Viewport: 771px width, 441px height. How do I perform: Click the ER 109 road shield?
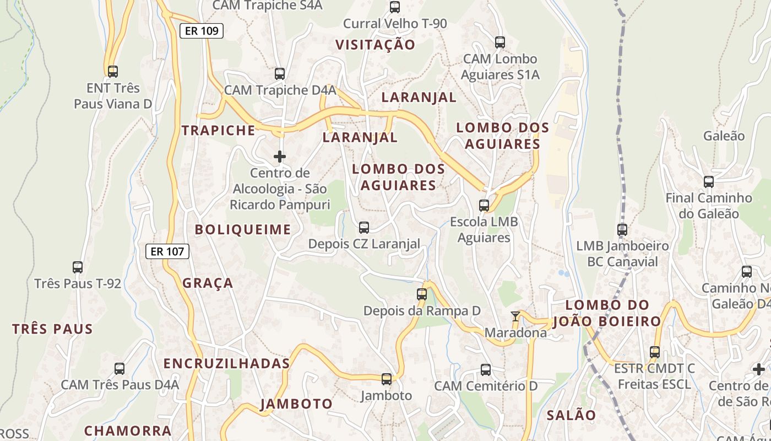point(202,31)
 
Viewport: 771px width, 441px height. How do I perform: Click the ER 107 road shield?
point(167,251)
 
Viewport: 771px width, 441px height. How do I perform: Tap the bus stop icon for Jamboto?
point(387,379)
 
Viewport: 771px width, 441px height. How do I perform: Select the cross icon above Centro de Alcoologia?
point(280,157)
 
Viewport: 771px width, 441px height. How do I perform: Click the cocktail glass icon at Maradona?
point(515,316)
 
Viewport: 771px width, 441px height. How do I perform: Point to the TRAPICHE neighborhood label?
point(219,131)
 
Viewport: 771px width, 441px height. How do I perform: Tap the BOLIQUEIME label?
point(243,230)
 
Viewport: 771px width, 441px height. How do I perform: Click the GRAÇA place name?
point(208,283)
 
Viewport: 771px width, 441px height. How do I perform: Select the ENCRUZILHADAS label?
point(226,364)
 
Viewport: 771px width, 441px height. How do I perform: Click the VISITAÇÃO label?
point(375,45)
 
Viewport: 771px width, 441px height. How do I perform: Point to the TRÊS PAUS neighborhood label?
point(53,329)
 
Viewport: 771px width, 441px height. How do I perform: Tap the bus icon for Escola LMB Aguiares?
point(484,206)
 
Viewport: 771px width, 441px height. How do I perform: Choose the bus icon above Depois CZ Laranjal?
point(364,228)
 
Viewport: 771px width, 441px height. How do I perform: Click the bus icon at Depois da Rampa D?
point(422,294)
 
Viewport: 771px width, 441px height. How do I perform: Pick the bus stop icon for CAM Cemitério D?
point(486,370)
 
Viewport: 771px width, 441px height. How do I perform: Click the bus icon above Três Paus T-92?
point(78,267)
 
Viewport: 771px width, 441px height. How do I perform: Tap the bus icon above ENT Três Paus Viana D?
point(113,71)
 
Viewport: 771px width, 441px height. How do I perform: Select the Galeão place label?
point(724,136)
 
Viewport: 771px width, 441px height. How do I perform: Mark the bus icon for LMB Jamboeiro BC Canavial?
point(622,230)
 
